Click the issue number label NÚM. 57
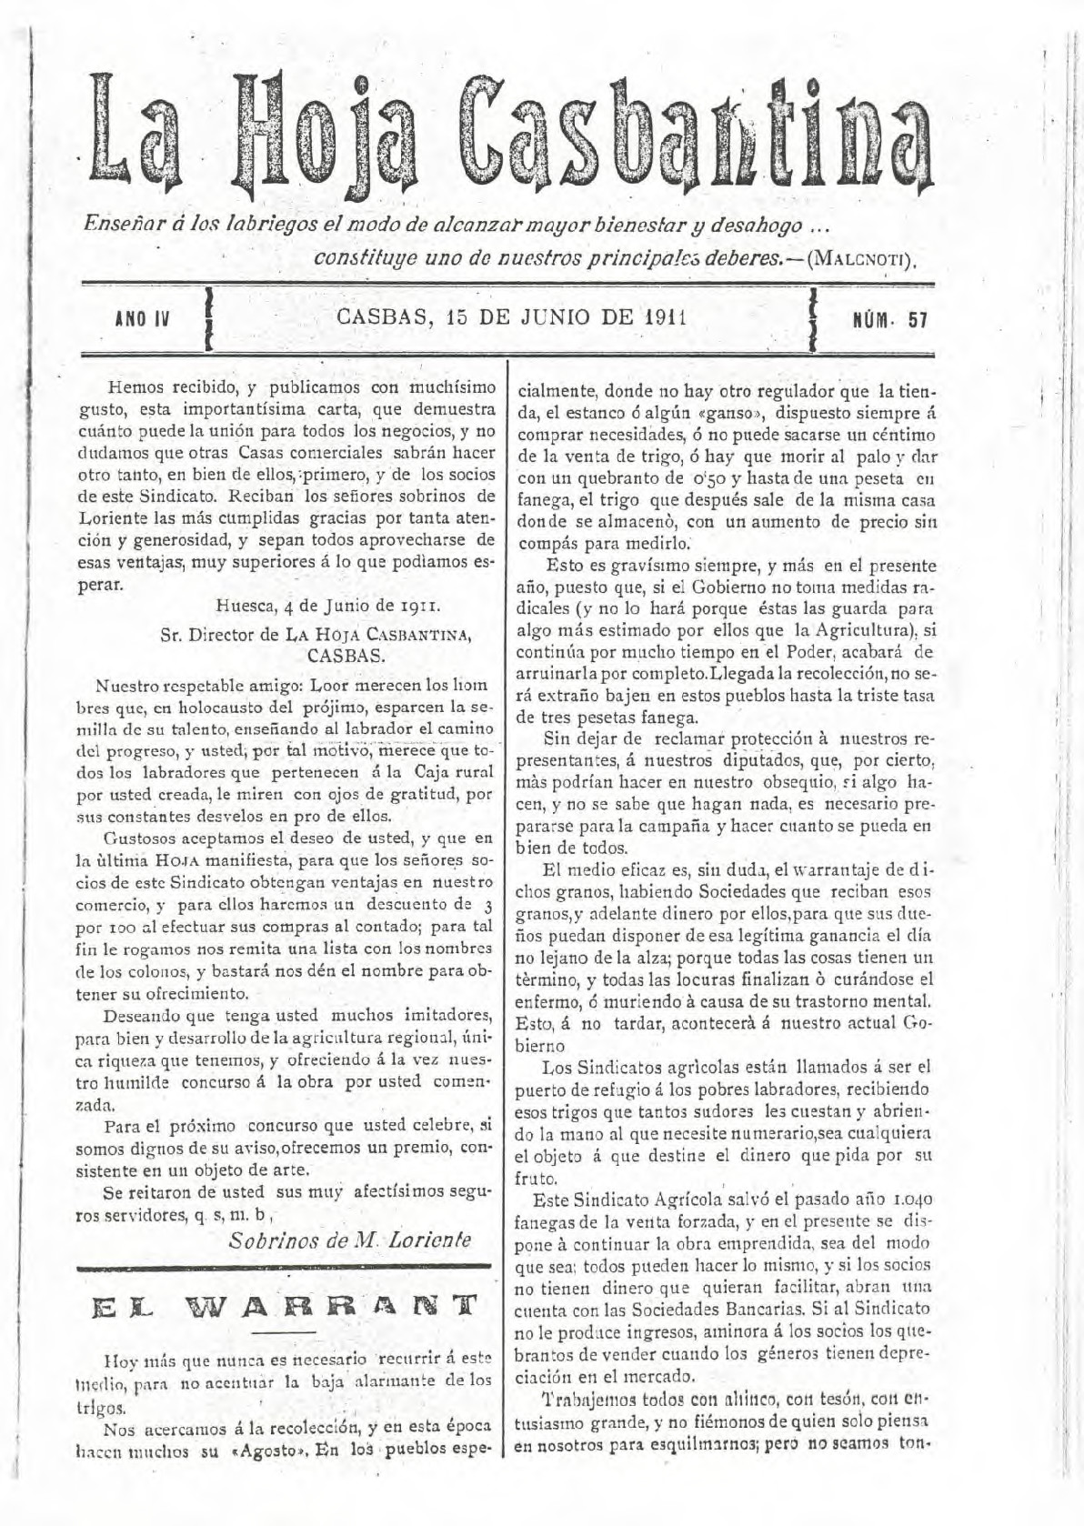(x=890, y=320)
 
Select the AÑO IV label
(x=144, y=320)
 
